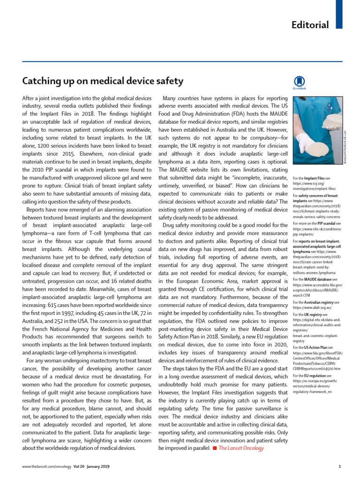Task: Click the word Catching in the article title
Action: tap(42, 81)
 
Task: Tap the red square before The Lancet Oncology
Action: tap(214, 448)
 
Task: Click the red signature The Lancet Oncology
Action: tap(241, 448)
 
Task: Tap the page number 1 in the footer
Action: tap(339, 466)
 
